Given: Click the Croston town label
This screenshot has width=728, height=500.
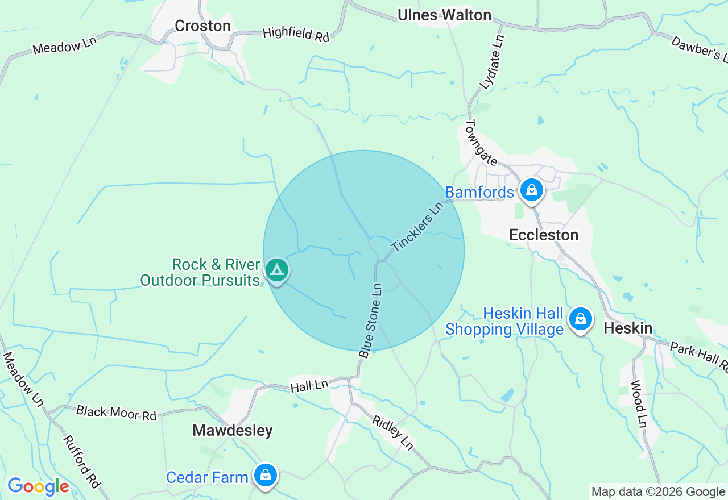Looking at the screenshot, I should point(202,26).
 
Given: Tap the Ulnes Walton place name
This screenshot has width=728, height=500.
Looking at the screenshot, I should point(444,15).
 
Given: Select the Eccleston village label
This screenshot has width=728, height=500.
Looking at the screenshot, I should point(544,235).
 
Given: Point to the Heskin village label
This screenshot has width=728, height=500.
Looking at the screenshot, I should point(628,327).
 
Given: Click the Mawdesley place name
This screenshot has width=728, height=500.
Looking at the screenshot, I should point(233,430).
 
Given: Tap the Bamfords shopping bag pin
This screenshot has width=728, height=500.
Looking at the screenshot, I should point(531,190).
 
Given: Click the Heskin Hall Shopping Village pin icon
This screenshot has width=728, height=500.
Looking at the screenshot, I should point(580,319).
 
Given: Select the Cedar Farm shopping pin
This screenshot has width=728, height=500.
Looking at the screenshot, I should point(265,475).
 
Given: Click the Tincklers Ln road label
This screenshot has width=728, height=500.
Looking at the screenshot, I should point(416,226).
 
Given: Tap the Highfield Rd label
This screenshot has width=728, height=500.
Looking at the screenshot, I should point(296,34).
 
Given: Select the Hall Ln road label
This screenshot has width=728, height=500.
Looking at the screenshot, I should point(309,386).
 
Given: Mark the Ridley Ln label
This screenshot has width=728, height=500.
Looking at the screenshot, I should point(392,432).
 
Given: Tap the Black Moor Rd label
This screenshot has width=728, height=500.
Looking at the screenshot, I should point(116,413).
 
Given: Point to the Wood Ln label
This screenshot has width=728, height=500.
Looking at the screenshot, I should point(639,403).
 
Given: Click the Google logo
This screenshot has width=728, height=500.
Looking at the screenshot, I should point(38,486).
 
